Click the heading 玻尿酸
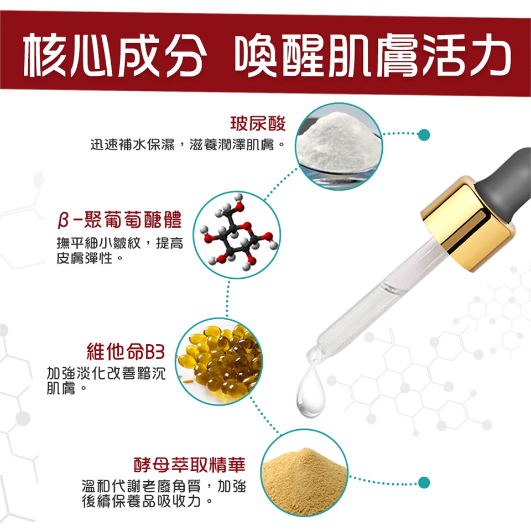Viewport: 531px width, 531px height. [258, 123]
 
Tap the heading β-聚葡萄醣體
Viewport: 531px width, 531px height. [119, 220]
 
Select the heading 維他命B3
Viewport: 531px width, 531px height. [126, 351]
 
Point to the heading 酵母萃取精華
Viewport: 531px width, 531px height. [190, 464]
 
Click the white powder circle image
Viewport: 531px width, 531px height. [339, 146]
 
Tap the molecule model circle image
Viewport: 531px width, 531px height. [237, 235]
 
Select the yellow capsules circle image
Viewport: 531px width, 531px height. [219, 361]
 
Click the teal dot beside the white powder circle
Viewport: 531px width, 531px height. [424, 135]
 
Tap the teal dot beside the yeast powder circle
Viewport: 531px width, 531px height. [424, 482]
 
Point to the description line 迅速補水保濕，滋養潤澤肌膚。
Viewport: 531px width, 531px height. [188, 145]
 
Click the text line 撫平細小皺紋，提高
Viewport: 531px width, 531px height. [120, 243]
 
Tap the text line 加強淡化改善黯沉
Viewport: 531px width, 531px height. [106, 373]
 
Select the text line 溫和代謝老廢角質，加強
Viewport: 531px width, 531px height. [164, 486]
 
